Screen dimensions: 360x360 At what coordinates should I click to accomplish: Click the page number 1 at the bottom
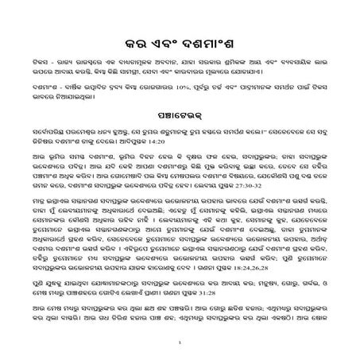[180, 343]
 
